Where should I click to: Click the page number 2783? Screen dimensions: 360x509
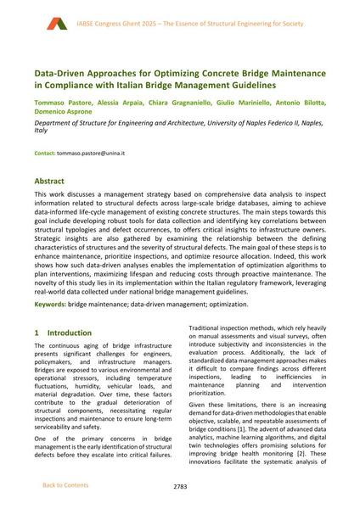pyautogui.click(x=179, y=486)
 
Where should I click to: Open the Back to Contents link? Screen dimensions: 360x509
pyautogui.click(x=65, y=485)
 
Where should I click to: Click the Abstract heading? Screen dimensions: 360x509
pyautogui.click(x=53, y=182)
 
